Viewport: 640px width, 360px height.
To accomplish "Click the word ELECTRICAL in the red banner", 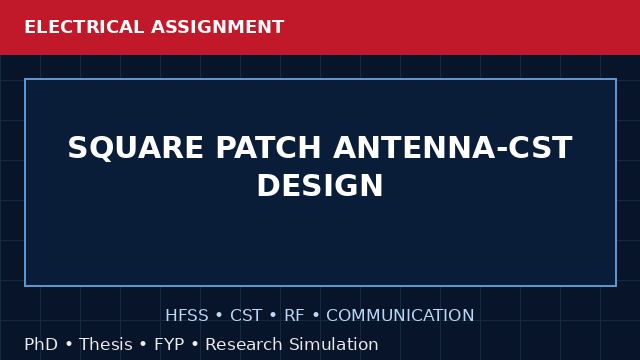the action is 84,27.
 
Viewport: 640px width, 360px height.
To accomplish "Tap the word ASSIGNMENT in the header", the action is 217,27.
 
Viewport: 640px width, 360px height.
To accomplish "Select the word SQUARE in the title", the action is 136,148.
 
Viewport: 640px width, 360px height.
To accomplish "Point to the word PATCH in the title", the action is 268,147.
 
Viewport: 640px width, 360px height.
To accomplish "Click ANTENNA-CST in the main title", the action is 453,147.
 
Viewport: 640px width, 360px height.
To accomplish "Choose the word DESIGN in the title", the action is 320,185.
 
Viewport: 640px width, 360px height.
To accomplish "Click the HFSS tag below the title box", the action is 187,315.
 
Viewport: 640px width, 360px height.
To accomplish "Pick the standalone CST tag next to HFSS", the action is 246,315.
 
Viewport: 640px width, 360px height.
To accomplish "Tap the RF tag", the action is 294,315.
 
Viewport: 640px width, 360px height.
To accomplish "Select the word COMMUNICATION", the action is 400,315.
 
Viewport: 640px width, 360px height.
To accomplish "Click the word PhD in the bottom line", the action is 41,344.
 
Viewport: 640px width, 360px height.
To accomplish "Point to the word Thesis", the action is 106,344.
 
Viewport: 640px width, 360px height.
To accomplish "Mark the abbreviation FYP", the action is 169,344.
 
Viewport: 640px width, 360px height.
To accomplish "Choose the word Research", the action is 244,344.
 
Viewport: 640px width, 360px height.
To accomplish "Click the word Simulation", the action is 334,344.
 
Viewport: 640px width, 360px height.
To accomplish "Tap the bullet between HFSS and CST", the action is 219,316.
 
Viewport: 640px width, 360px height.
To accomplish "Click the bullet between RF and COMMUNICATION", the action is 316,316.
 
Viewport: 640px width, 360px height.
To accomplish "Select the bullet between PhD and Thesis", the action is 69,344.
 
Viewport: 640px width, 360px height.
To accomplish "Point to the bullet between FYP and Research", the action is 195,344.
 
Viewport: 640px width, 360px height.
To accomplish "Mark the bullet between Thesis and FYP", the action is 143,344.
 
